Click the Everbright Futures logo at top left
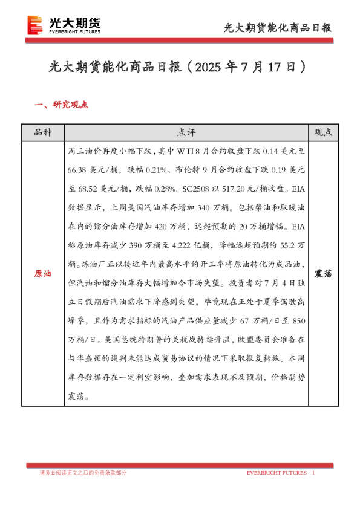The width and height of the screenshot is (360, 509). (64, 25)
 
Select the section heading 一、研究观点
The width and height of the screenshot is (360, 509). (62, 105)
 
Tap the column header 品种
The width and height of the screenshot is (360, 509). (43, 132)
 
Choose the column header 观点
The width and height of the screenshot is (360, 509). (323, 132)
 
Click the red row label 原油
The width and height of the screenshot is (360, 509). (43, 274)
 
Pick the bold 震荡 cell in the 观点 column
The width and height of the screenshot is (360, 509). (323, 274)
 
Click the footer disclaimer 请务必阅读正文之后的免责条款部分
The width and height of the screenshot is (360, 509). (83, 472)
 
